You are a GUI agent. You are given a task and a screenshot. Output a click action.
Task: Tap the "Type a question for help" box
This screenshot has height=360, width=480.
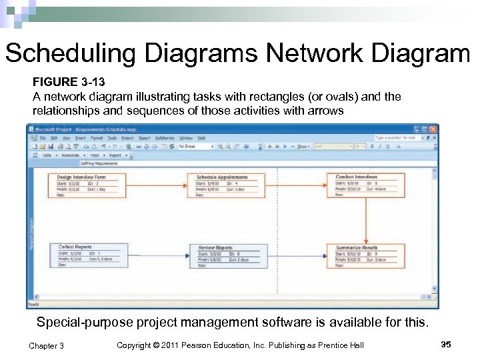[x=397, y=138]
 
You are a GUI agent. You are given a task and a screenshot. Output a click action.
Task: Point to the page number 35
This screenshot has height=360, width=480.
[x=445, y=344]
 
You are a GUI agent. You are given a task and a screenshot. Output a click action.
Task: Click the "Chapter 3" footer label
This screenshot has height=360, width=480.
[x=47, y=345]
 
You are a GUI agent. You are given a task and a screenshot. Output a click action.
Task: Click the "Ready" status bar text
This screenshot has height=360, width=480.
[x=34, y=305]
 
